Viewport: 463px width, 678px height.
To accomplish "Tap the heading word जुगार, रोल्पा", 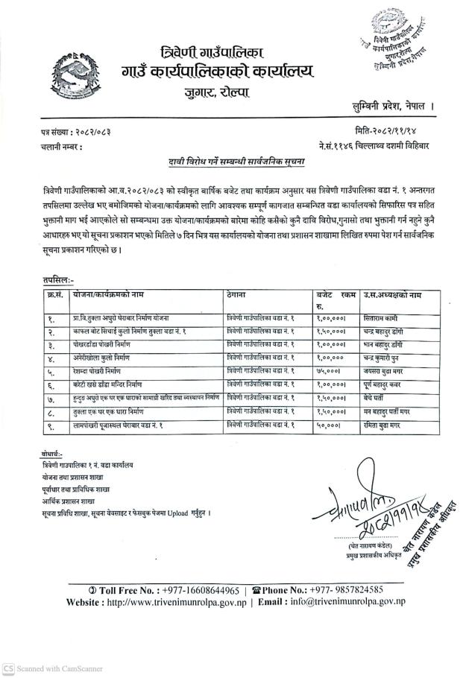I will [x=218, y=93].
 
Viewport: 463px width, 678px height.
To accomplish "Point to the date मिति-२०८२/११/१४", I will [x=391, y=130].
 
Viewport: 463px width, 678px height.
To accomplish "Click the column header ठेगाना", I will [x=241, y=294].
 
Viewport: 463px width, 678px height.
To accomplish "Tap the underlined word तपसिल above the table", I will [x=57, y=277].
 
